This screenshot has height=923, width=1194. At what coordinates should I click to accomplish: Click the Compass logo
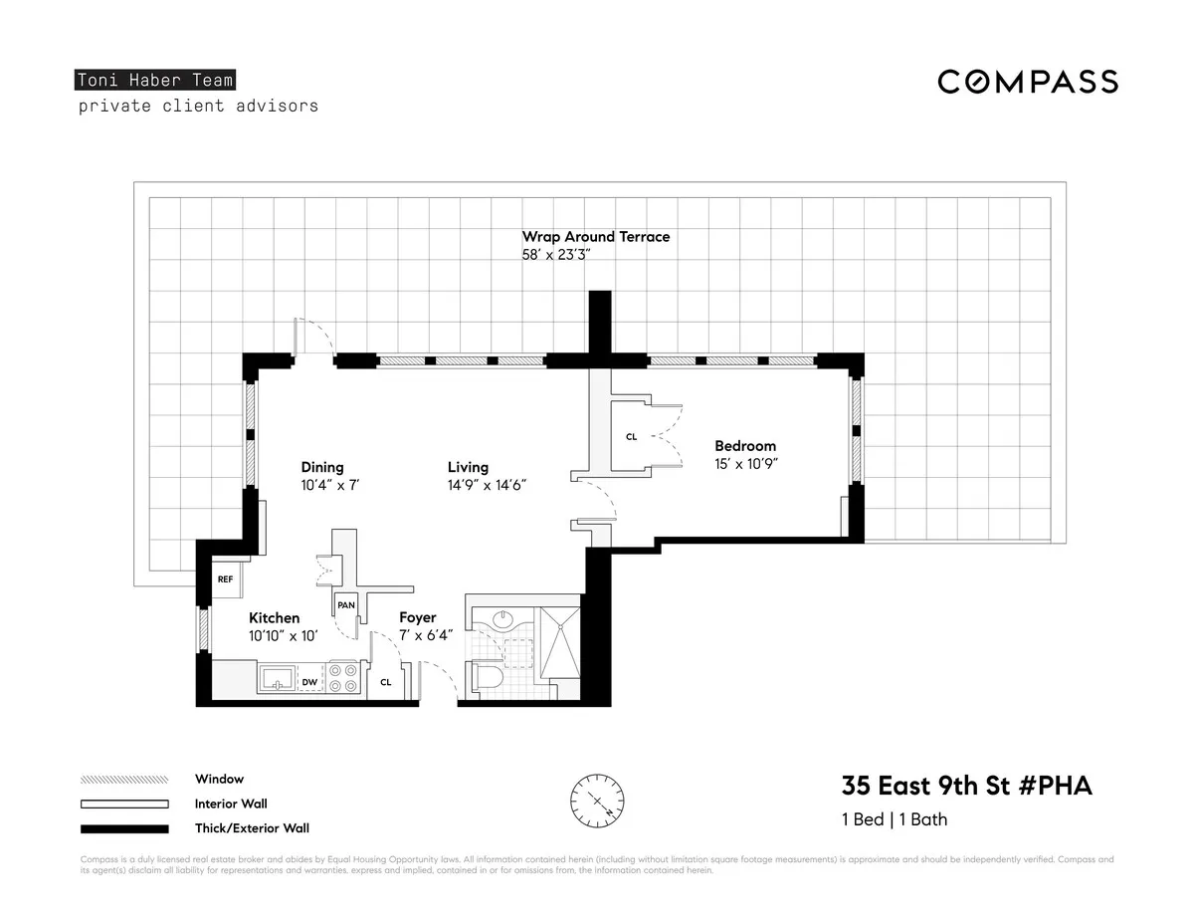click(x=1027, y=82)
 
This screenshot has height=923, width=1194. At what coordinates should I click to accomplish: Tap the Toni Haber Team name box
click(x=156, y=81)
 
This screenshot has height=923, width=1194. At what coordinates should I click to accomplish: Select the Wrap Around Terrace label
click(x=596, y=237)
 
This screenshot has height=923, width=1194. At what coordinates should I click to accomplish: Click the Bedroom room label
click(x=744, y=446)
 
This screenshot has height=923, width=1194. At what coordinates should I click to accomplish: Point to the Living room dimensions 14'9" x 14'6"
click(x=486, y=485)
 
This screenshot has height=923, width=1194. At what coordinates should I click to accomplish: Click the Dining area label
click(x=322, y=467)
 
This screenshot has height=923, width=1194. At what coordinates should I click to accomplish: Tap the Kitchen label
click(x=274, y=618)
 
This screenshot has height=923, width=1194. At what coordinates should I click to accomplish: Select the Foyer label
click(x=418, y=618)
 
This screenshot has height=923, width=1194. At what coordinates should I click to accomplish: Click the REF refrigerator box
click(x=225, y=578)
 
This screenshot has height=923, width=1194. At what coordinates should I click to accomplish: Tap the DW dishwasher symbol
click(x=309, y=682)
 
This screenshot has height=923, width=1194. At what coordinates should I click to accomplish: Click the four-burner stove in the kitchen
click(x=343, y=678)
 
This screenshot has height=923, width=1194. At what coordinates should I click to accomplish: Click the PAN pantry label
click(x=345, y=604)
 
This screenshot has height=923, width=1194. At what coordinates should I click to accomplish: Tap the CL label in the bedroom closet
click(x=631, y=437)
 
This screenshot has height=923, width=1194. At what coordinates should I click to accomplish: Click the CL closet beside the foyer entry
click(x=386, y=683)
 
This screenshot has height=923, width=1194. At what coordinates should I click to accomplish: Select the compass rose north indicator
click(x=598, y=800)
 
